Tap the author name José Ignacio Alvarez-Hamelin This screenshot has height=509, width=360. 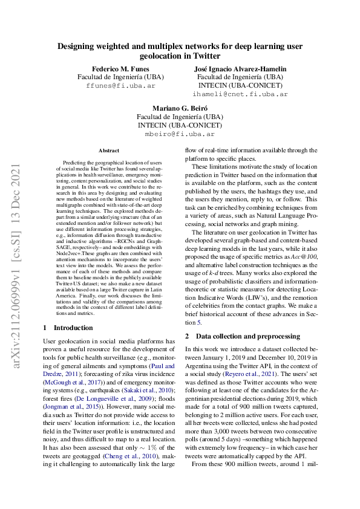240,68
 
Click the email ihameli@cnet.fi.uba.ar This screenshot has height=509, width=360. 240,94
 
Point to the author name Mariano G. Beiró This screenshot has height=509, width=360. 180,108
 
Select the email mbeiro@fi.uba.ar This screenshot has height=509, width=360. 180,134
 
